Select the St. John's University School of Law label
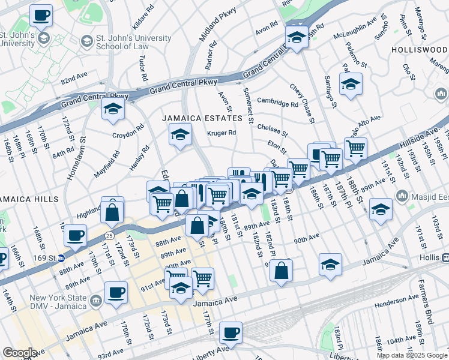[133, 43]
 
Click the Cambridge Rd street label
[277, 103]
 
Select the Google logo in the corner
[20, 353]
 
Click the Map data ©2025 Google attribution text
[412, 355]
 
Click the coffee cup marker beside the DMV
[116, 293]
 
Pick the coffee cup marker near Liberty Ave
[230, 332]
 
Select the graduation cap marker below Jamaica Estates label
[179, 136]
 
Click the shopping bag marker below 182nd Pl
[281, 271]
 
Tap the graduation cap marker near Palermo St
[351, 85]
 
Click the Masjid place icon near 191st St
[402, 196]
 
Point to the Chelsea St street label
[273, 128]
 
